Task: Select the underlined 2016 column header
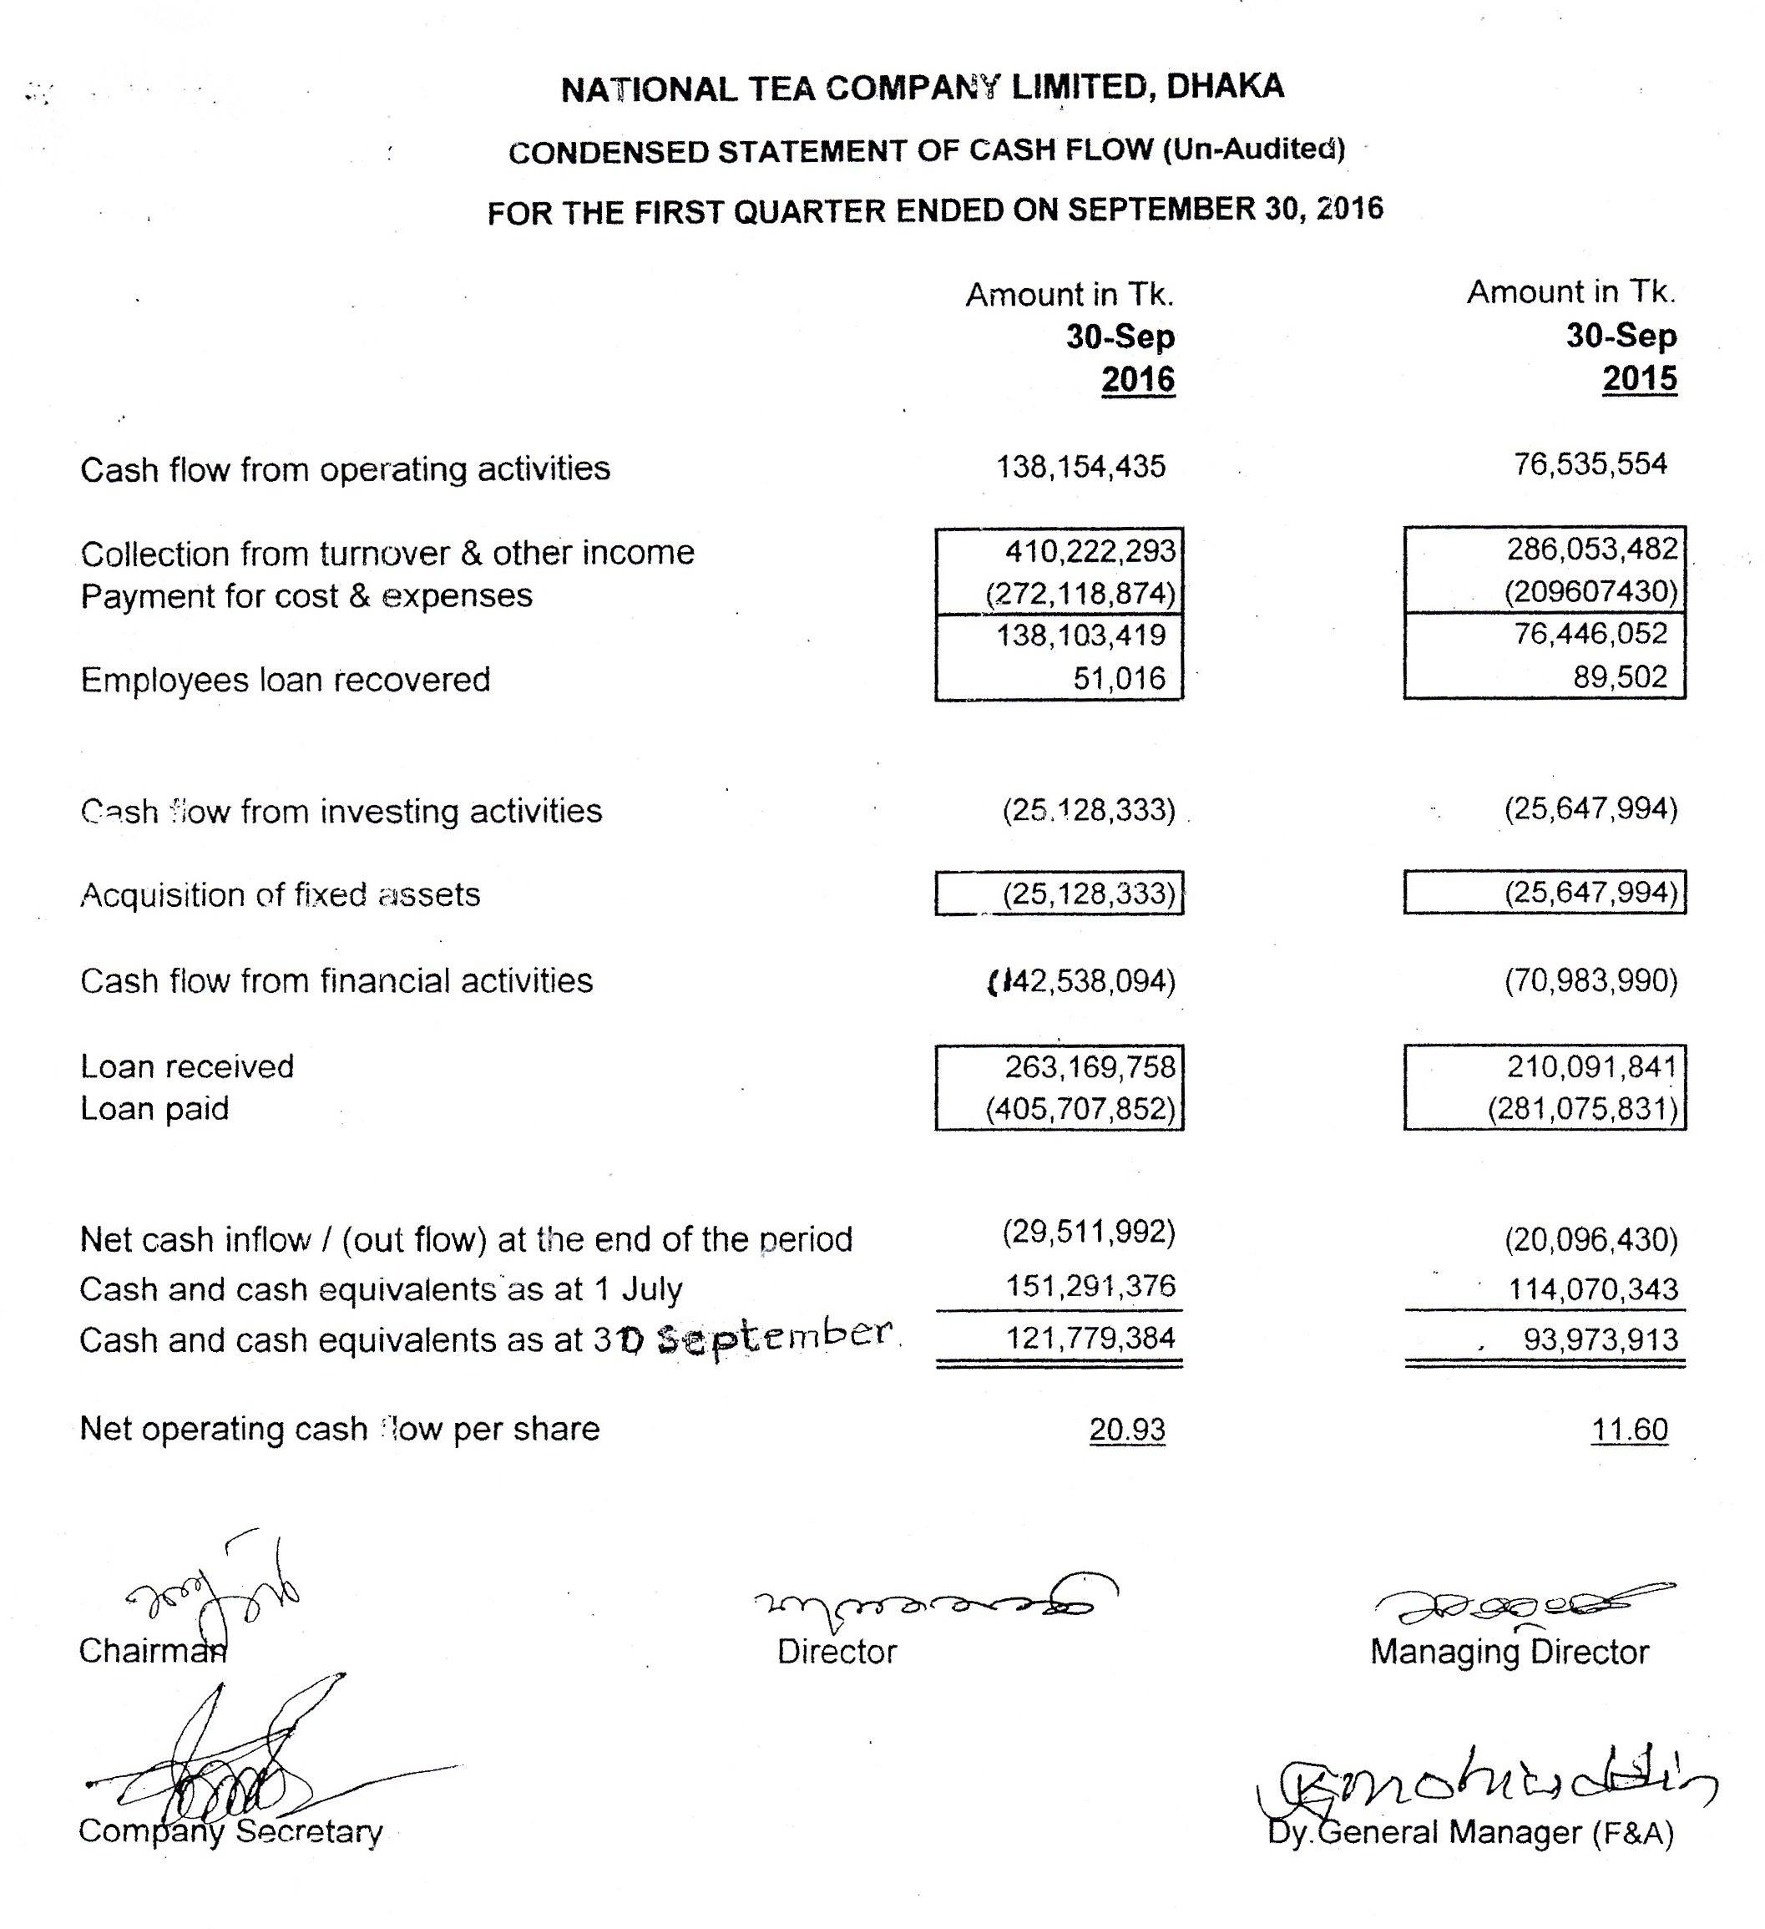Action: (x=1136, y=380)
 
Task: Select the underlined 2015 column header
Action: (x=1639, y=379)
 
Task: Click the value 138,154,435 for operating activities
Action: (x=1081, y=467)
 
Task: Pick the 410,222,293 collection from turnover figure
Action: (x=1090, y=551)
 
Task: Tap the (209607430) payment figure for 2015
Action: (x=1591, y=591)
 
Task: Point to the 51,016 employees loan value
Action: (x=1118, y=678)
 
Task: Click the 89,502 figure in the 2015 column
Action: (x=1620, y=677)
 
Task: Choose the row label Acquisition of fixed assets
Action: (x=281, y=894)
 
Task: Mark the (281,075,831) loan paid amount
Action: (x=1583, y=1109)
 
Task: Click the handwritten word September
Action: (x=775, y=1336)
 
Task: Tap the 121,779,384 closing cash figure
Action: (x=1090, y=1338)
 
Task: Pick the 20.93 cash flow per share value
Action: (x=1127, y=1430)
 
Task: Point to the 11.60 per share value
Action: (x=1629, y=1430)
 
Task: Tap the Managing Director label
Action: (x=1510, y=1652)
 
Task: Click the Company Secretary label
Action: (x=230, y=1830)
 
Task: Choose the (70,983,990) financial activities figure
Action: (x=1591, y=980)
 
